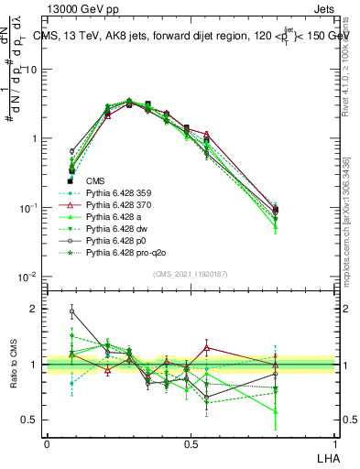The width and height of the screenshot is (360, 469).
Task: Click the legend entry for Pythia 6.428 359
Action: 118,193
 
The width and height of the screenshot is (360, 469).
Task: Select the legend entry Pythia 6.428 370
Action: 118,205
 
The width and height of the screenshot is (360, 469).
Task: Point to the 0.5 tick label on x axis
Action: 190,442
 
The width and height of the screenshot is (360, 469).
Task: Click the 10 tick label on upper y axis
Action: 32,70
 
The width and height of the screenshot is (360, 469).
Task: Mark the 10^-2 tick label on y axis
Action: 30,277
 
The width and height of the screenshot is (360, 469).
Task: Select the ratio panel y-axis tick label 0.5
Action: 33,420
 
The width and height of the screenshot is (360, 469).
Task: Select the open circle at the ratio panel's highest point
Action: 72,311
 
